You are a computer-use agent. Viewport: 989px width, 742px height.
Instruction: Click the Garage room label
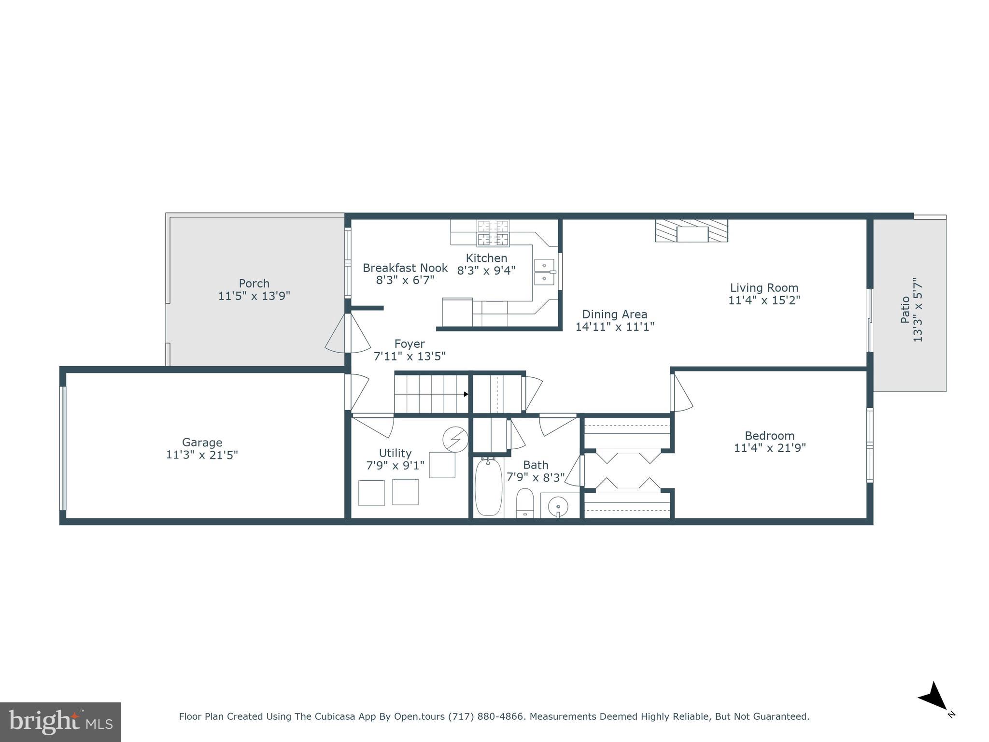click(202, 442)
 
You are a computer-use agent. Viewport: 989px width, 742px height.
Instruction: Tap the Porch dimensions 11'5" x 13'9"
click(254, 296)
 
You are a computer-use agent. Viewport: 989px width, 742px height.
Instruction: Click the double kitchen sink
click(544, 272)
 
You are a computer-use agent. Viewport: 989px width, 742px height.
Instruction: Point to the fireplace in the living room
click(692, 230)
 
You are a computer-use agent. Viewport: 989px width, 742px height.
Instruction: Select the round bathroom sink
click(558, 506)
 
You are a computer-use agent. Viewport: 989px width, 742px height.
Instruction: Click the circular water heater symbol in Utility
click(455, 439)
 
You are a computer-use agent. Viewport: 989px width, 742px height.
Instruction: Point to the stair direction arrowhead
click(466, 394)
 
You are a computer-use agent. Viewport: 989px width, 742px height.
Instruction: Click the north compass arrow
click(935, 697)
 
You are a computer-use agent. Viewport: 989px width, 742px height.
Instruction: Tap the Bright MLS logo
click(60, 722)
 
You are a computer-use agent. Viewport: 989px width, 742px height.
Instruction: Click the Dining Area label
click(614, 314)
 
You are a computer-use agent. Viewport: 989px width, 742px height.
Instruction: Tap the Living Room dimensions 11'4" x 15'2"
click(764, 300)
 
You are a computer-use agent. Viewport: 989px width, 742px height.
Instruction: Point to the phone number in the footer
click(486, 716)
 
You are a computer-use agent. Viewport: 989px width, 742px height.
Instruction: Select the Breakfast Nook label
click(405, 268)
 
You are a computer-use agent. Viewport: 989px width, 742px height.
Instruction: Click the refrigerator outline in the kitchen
click(457, 313)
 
